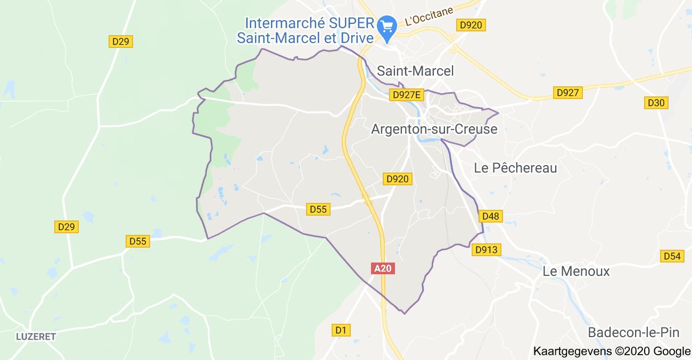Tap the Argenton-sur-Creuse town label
(434, 129)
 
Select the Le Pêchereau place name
(515, 168)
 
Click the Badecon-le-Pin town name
(633, 332)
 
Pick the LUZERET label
(36, 337)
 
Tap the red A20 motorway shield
(383, 268)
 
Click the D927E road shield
(406, 95)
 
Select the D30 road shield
(656, 103)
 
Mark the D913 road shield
(487, 249)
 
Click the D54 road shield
(672, 256)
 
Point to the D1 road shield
(341, 330)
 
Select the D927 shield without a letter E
(567, 93)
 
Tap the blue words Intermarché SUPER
(308, 23)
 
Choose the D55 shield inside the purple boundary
(318, 209)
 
